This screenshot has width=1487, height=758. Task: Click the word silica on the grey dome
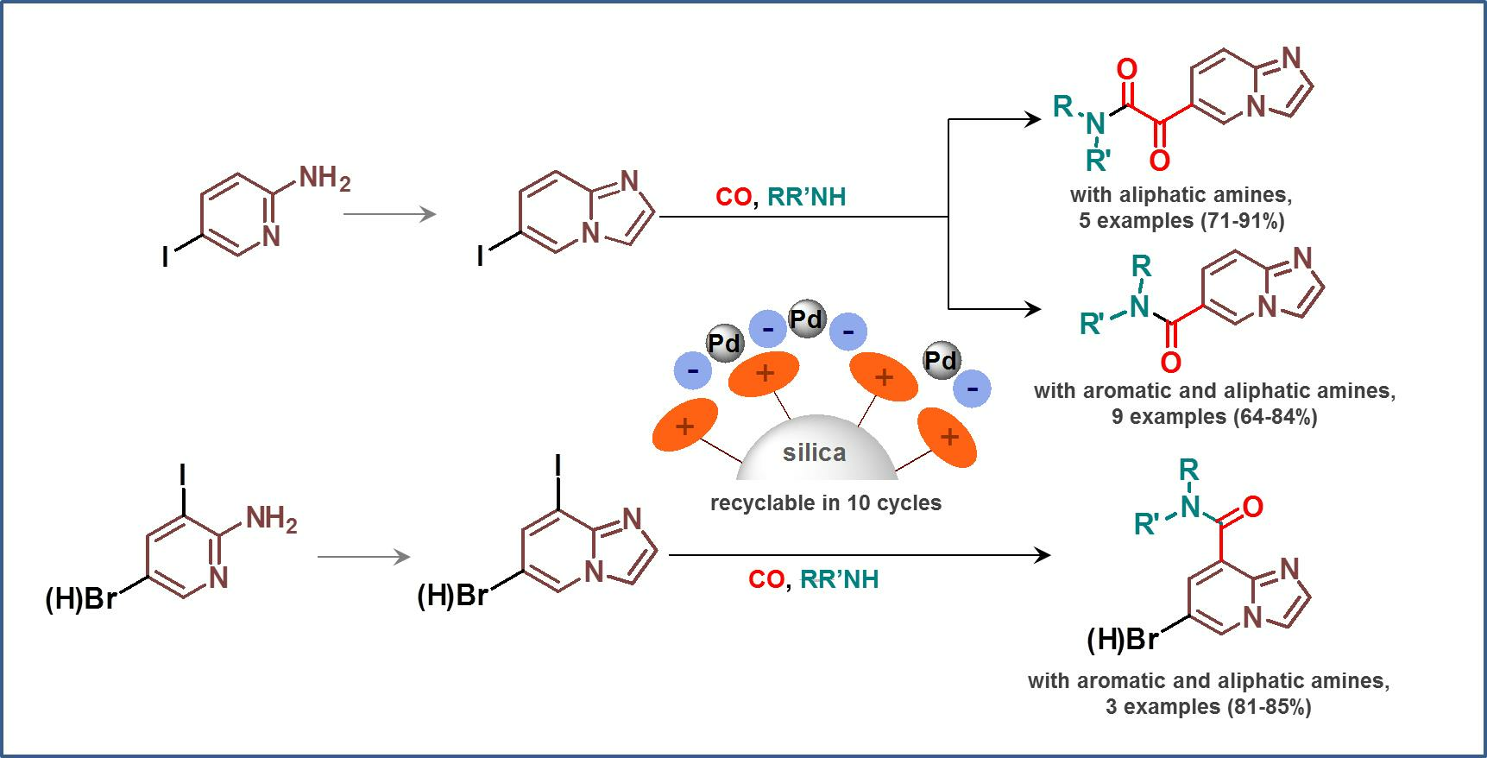pyautogui.click(x=814, y=452)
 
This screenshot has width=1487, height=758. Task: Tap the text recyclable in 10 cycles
pyautogui.click(x=826, y=502)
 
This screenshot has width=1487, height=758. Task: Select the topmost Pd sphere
pyautogui.click(x=807, y=319)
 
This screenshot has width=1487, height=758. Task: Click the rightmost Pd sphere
pyautogui.click(x=941, y=360)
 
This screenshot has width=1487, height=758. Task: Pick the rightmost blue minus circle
pyautogui.click(x=973, y=389)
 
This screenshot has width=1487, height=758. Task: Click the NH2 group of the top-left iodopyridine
pyautogui.click(x=324, y=179)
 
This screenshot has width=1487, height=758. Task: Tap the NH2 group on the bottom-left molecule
pyautogui.click(x=271, y=519)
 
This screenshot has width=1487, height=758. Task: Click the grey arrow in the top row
pyautogui.click(x=390, y=212)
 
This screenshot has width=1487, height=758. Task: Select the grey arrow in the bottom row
pyautogui.click(x=364, y=557)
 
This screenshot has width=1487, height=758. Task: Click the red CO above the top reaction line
pyautogui.click(x=734, y=197)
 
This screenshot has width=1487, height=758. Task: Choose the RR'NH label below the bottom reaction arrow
pyautogui.click(x=839, y=579)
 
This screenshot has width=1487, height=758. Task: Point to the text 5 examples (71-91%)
pyautogui.click(x=1181, y=221)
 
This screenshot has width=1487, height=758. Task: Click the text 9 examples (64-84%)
pyautogui.click(x=1214, y=417)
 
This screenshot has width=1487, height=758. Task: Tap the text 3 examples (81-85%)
pyautogui.click(x=1208, y=707)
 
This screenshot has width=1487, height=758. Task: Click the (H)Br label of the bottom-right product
pyautogui.click(x=1122, y=640)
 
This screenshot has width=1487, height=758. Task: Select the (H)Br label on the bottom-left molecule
pyautogui.click(x=80, y=598)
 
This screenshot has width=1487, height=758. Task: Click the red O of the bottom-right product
pyautogui.click(x=1253, y=507)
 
